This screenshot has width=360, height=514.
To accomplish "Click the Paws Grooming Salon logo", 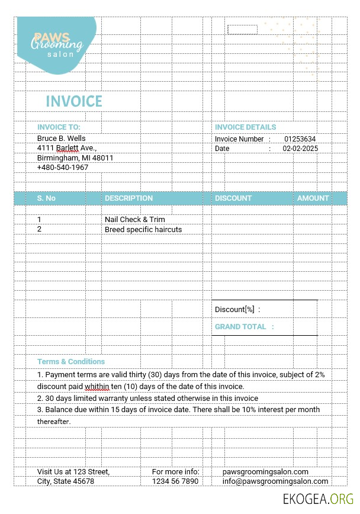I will click(57, 44).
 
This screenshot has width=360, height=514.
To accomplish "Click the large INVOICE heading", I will click(74, 101).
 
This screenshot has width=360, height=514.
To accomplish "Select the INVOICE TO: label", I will click(59, 127).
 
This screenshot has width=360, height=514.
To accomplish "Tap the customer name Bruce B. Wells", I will click(62, 138).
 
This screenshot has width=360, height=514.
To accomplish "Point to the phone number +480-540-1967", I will click(63, 168).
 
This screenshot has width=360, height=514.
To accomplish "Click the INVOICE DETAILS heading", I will click(245, 127).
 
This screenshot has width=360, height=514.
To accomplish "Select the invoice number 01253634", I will click(300, 139).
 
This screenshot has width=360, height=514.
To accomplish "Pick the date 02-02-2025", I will click(300, 149).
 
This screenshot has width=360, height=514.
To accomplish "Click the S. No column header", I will click(46, 198).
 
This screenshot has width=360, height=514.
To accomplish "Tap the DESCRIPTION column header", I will click(128, 198).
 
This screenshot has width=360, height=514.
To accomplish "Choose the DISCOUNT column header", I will click(233, 198).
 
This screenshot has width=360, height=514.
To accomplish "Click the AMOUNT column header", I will click(313, 198).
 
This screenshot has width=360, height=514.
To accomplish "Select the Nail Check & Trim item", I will click(135, 220).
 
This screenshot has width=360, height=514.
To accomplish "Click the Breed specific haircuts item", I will click(143, 230).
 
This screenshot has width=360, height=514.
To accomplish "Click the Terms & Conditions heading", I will click(71, 362).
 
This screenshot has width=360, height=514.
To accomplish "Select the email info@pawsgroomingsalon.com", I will click(275, 481).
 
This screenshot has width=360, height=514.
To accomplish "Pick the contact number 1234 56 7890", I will click(175, 481).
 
